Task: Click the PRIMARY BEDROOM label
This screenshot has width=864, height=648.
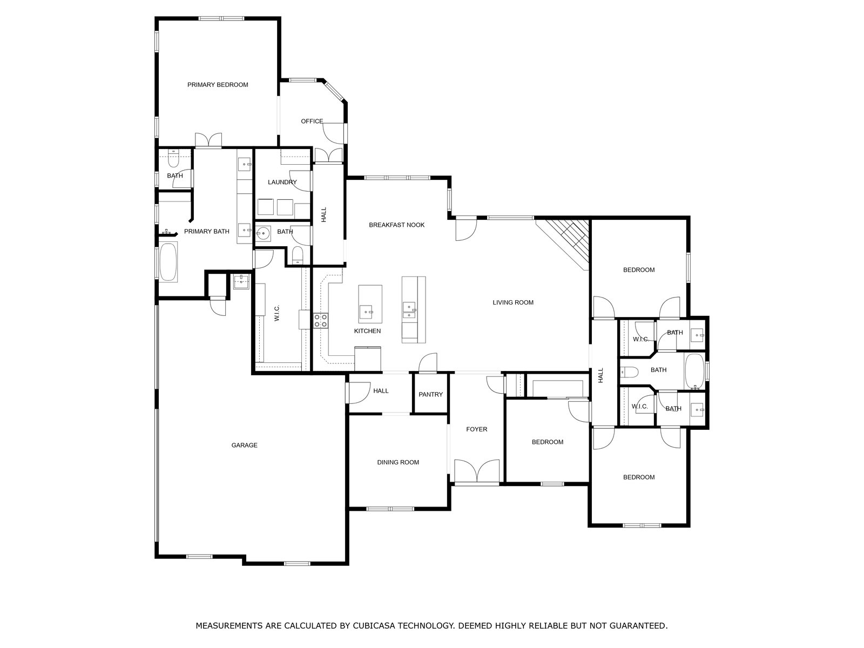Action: coord(218,85)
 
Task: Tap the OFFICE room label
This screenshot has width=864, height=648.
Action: coord(312,121)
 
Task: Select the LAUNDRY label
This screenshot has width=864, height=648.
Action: coord(282,182)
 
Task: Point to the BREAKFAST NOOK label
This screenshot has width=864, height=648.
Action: coord(397,225)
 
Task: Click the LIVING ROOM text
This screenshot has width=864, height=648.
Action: coord(514,302)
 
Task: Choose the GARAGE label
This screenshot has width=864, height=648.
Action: coord(245,446)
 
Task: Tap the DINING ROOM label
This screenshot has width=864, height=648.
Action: coord(398,463)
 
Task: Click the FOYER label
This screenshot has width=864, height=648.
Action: coord(477,429)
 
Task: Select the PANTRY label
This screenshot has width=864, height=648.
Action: coord(430,395)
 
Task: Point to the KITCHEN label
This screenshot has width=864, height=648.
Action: coord(367,331)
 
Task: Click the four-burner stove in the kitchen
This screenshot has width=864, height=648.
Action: coord(321,321)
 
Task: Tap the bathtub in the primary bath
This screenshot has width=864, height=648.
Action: coord(168,262)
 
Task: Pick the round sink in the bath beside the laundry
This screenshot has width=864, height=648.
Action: coord(263,234)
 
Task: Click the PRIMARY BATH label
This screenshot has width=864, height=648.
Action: coord(207,231)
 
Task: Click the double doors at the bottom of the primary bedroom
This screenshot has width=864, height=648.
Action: coord(208,140)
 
